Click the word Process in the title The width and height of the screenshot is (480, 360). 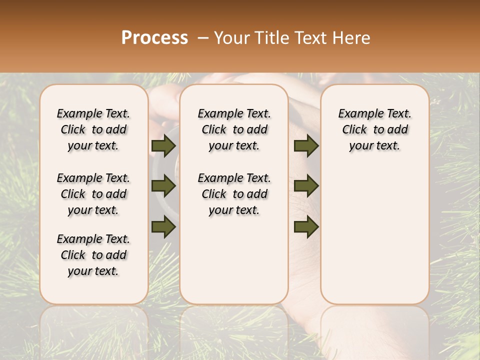154,38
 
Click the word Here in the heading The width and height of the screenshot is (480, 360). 352,38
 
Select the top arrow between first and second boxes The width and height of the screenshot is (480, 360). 163,146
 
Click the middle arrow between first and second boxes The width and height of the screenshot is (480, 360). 163,186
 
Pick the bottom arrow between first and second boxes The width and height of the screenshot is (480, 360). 163,227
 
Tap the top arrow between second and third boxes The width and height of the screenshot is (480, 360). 306,146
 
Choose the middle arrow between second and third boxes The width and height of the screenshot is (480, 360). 306,186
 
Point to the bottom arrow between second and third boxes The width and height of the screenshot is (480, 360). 306,227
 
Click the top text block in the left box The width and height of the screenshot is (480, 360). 93,129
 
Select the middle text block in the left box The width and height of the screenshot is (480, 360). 93,194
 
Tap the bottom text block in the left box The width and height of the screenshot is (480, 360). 93,255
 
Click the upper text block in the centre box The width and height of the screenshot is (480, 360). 234,129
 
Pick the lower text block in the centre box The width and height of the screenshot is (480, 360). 234,194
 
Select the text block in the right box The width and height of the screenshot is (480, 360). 375,129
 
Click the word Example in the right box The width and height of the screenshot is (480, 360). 358,114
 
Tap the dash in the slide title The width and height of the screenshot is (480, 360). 203,38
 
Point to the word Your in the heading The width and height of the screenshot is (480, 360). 232,38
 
